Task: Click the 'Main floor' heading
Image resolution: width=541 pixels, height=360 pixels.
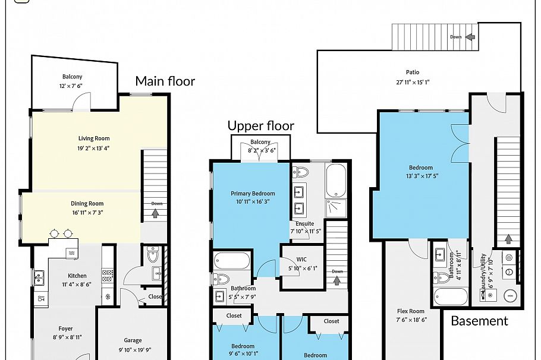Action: pos(165,81)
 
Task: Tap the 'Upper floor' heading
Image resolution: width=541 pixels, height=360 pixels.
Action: pos(260,126)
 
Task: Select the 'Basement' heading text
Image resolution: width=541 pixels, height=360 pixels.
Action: pos(479,321)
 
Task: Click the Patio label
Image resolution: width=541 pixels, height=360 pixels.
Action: pos(413,72)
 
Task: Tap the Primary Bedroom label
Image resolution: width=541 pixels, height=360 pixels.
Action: pos(253,194)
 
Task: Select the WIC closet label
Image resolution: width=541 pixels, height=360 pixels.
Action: pos(301,260)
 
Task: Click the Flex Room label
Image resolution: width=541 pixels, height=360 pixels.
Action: pos(411,311)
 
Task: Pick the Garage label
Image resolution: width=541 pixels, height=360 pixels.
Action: pos(133,340)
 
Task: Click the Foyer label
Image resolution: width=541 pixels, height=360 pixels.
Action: pos(65,329)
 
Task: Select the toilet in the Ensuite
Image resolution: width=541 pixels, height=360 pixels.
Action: pos(301,173)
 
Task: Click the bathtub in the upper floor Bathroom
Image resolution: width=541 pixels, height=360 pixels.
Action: pos(232,261)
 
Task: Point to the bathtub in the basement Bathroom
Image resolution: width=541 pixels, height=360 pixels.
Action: pos(450,296)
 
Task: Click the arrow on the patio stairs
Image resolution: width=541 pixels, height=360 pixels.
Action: pos(470,37)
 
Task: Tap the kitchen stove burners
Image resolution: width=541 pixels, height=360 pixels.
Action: pos(108,275)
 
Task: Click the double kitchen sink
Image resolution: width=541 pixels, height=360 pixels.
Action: pos(39,276)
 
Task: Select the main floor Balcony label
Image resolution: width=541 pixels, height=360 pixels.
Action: pos(73,77)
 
